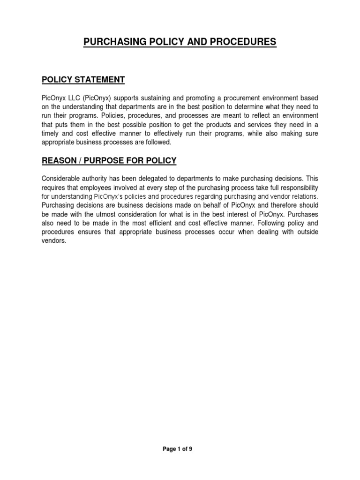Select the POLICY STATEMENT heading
83,80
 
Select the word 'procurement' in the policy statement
240,98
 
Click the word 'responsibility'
296,187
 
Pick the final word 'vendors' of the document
52,241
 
